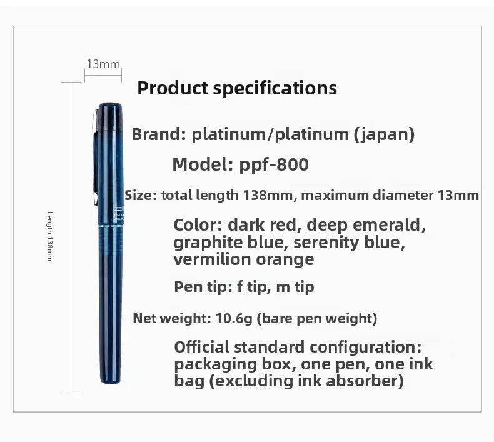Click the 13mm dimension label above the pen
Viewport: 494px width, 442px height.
click(103, 64)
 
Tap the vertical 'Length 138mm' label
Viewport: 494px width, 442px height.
click(49, 236)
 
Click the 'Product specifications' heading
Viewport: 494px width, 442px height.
click(237, 88)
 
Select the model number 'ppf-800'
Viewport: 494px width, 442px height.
click(274, 164)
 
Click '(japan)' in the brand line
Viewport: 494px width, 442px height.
click(384, 134)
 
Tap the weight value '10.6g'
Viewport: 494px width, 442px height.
click(234, 318)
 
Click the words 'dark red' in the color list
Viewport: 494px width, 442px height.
click(262, 225)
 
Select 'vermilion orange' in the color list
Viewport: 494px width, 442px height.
click(244, 259)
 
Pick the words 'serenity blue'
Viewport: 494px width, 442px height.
click(349, 243)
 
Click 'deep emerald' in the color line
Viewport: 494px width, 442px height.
click(366, 225)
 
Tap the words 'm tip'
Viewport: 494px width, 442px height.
click(295, 287)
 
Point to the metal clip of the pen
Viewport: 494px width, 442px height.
click(96, 158)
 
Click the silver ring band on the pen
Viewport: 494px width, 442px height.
click(111, 225)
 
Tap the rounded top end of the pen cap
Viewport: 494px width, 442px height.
click(110, 106)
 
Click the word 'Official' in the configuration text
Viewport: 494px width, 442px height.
click(202, 347)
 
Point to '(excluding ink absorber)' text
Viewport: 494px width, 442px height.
click(306, 381)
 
